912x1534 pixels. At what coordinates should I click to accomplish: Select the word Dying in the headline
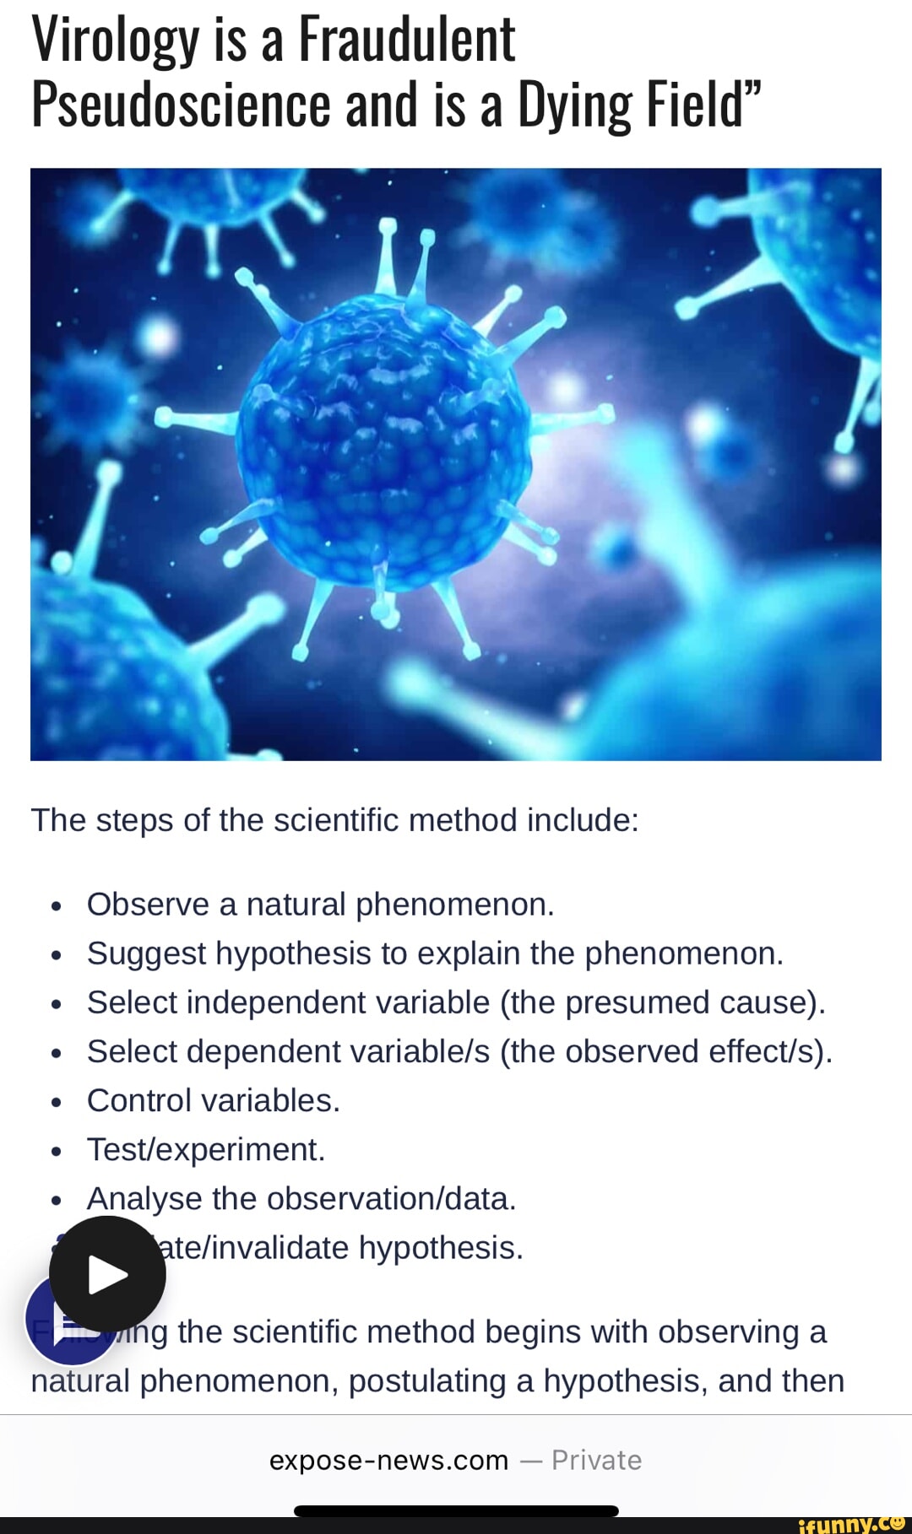(x=574, y=106)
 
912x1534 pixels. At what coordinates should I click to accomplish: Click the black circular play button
(x=107, y=1273)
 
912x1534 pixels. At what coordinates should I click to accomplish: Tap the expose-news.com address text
(x=388, y=1460)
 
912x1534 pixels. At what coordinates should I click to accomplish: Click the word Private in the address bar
(x=596, y=1460)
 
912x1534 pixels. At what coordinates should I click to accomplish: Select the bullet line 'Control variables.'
(x=213, y=1100)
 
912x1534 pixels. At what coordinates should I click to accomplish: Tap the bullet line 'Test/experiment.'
(x=206, y=1149)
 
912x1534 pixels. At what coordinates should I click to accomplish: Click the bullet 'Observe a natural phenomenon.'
(x=320, y=904)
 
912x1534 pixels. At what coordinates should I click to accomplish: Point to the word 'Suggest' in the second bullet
(x=146, y=953)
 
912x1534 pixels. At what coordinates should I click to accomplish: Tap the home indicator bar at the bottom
(x=456, y=1510)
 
